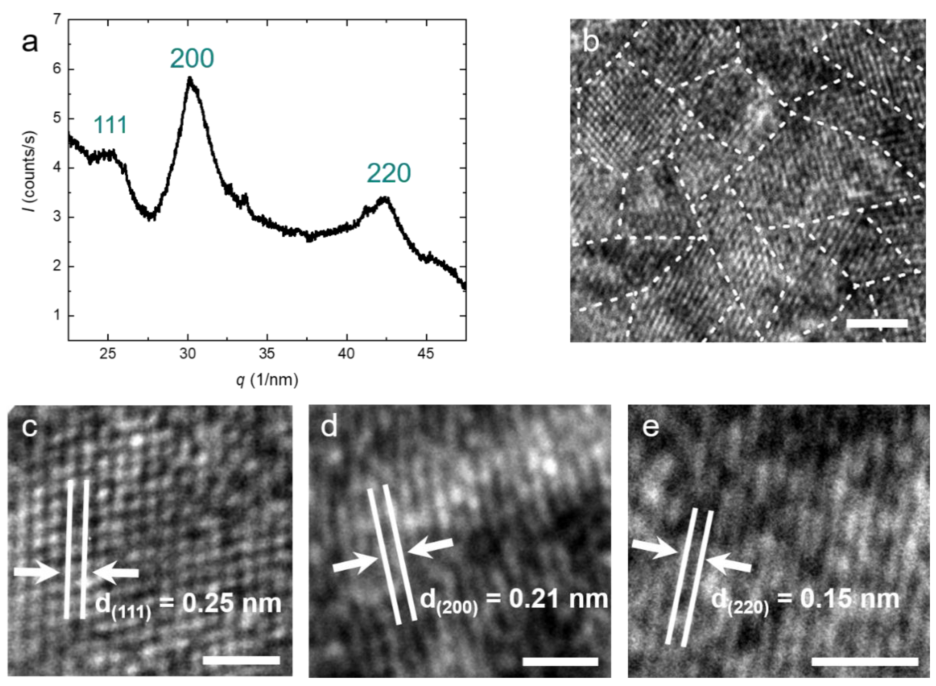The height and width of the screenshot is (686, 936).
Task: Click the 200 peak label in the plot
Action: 192,58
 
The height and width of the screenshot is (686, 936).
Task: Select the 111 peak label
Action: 110,125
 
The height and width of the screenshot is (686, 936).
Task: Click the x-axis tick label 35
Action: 267,354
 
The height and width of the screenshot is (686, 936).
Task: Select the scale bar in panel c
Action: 241,660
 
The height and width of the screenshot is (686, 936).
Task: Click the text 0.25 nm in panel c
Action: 232,603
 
